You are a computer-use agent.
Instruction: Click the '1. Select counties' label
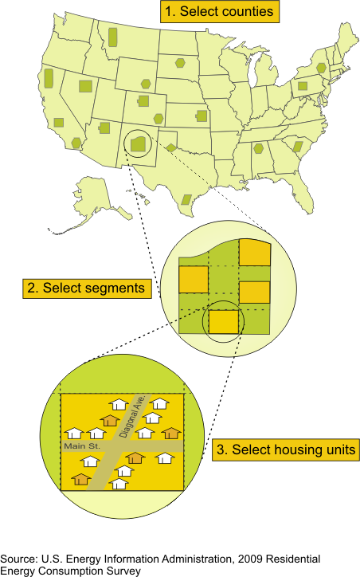220,11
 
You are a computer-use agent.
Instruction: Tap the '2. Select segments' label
87,288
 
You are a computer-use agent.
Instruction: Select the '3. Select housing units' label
286,449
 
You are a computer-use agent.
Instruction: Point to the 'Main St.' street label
82,446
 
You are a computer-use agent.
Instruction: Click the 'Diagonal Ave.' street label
133,416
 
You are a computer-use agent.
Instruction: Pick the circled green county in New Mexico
140,144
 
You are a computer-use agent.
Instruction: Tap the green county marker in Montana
113,37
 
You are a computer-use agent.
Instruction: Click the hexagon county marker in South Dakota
180,63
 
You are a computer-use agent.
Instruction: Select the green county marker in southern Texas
187,199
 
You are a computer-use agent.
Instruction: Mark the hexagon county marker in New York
322,68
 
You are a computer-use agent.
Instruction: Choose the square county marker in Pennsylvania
303,87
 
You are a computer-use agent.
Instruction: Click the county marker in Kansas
202,116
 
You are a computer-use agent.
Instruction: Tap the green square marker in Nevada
86,86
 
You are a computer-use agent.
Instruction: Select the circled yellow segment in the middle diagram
224,322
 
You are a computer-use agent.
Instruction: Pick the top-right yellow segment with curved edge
255,252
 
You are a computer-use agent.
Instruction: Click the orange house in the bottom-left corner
81,479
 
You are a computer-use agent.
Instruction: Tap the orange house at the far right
171,433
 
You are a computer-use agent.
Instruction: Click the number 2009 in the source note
250,559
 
